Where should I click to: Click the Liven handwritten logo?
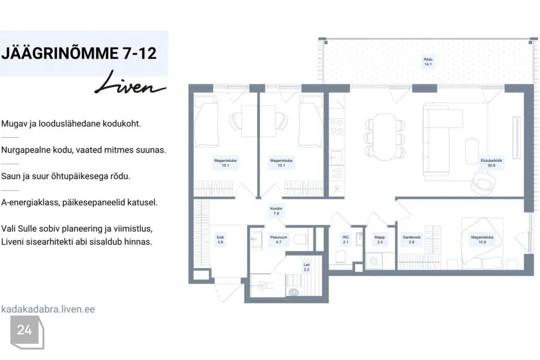130,83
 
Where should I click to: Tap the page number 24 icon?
27,332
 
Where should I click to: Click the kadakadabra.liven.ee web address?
48,309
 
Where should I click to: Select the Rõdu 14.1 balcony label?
428,62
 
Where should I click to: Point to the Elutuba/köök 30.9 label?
492,163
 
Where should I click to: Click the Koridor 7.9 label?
276,211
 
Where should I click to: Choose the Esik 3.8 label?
220,240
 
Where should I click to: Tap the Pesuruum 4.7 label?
278,240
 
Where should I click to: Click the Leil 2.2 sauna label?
307,267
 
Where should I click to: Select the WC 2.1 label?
346,240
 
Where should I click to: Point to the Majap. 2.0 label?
380,240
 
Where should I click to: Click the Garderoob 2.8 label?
412,240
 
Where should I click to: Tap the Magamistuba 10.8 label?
482,240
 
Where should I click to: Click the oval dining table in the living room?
385,137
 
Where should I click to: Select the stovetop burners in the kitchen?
336,126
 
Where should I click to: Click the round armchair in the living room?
483,183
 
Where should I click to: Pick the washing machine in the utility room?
374,261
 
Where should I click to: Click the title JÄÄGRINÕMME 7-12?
79,53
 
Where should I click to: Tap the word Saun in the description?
10,176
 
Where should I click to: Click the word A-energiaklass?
30,202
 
